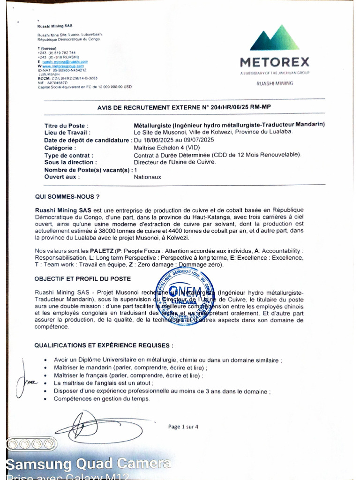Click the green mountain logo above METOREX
pos(275,38)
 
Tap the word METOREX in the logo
pos(275,62)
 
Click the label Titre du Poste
pos(66,125)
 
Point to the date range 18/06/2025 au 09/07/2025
pos(174,140)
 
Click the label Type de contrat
pos(68,155)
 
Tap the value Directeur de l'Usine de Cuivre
pos(175,162)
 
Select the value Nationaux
pos(147,177)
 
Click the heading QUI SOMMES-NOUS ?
pos(67,196)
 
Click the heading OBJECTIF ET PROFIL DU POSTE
pos(82,278)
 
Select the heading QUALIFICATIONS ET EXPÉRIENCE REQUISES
pos(104,345)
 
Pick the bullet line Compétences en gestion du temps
pos(102,399)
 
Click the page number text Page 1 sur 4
pos(183,427)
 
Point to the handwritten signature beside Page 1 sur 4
pos(82,427)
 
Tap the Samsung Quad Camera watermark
pos(88,464)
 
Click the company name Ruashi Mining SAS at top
pos(55,26)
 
